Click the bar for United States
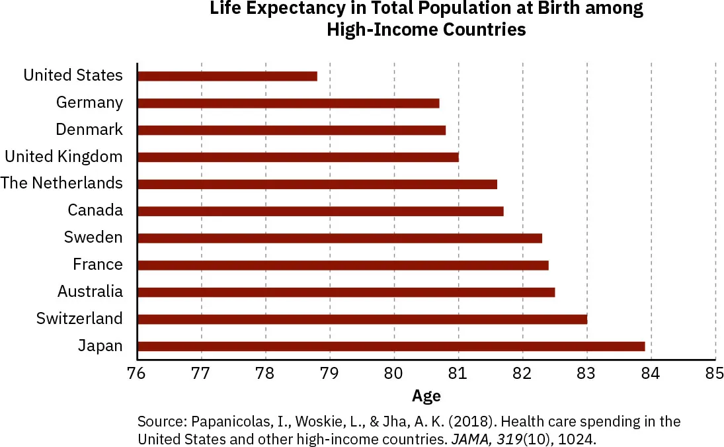click(227, 76)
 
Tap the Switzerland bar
click(362, 319)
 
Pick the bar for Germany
click(288, 103)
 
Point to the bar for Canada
click(320, 212)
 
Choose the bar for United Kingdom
click(298, 157)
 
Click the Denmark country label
click(89, 130)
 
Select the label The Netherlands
click(61, 183)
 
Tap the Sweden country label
click(93, 237)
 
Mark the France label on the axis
click(98, 264)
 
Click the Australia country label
click(90, 292)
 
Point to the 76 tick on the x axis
click(137, 373)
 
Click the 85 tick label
click(715, 373)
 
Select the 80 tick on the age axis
click(394, 373)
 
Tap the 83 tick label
click(586, 373)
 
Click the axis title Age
click(426, 396)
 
